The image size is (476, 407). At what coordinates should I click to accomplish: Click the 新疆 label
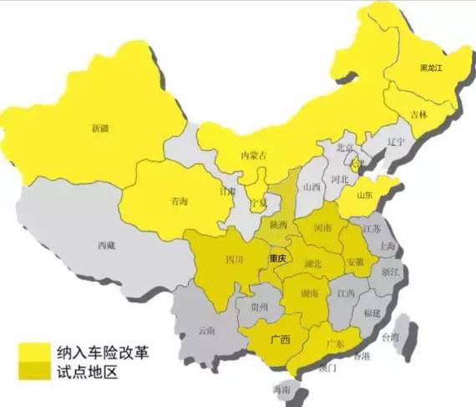[x=101, y=128]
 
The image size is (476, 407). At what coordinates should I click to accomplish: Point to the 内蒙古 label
[x=256, y=155]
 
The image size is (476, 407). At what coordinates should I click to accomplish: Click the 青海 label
[x=179, y=201]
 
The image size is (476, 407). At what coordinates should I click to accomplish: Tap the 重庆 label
[x=278, y=259]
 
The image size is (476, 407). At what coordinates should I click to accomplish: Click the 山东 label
[x=365, y=196]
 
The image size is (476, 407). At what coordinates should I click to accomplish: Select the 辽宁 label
[x=395, y=142]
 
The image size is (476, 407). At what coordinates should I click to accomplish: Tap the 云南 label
[x=207, y=330]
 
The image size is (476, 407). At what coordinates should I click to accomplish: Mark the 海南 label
[x=281, y=389]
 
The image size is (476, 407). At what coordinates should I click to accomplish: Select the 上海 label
[x=387, y=246]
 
